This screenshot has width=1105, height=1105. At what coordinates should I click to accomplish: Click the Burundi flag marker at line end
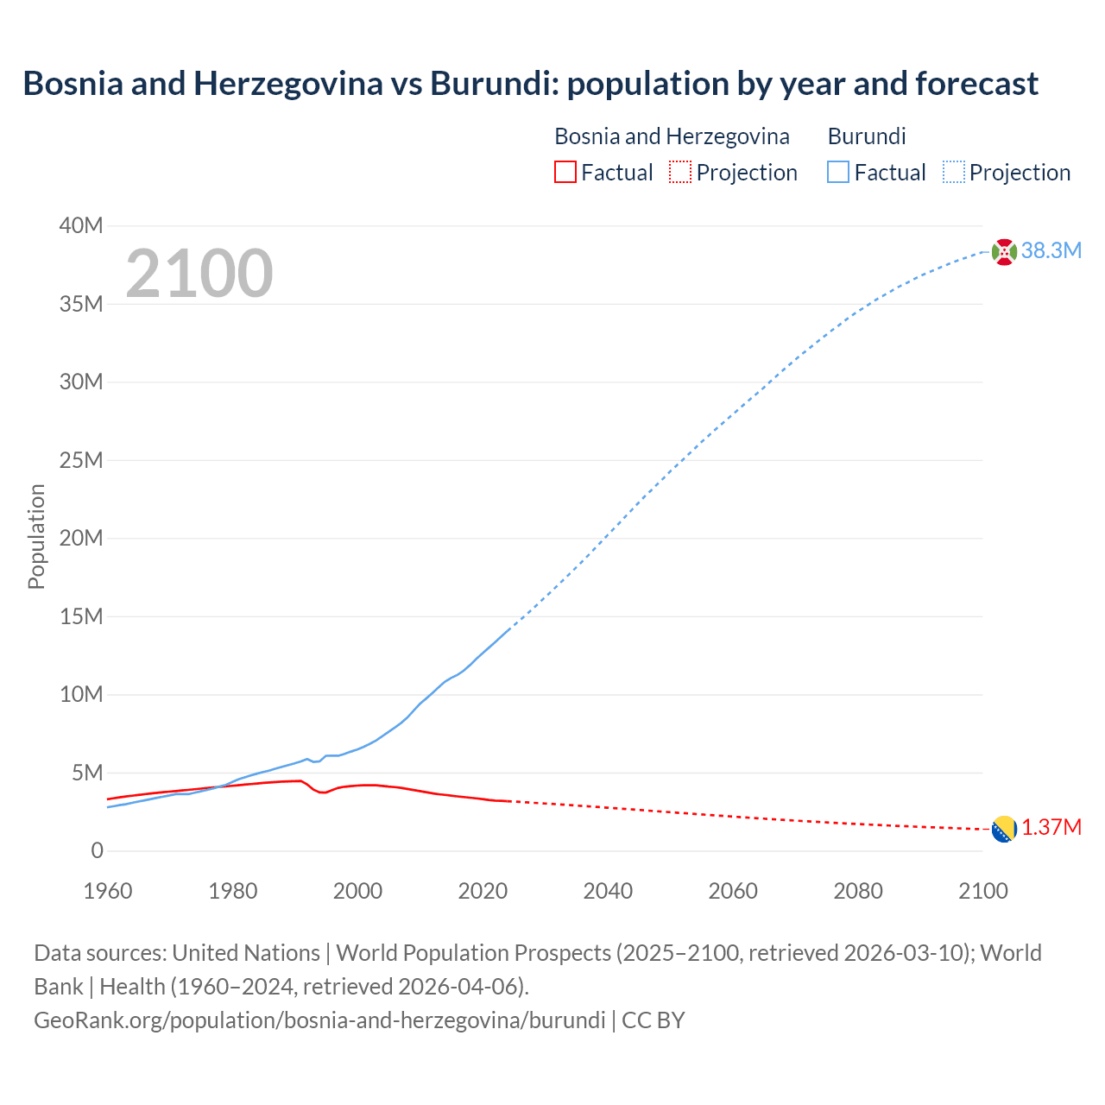[1004, 251]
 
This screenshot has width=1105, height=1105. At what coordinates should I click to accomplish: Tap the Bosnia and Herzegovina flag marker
[1004, 829]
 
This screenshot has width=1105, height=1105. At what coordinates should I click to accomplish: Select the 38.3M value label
[1051, 251]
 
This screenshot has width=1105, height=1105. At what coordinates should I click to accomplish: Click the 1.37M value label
[1051, 828]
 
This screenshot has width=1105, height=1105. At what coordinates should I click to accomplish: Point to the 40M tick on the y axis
[81, 226]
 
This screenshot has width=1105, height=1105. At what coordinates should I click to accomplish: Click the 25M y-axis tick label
[81, 461]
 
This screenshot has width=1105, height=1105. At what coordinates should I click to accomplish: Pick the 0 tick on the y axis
[97, 851]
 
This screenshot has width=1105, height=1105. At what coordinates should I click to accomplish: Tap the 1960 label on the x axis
[108, 891]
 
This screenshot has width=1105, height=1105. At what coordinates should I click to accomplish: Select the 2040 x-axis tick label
[608, 891]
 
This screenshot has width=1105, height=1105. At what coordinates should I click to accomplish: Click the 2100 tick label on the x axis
[982, 891]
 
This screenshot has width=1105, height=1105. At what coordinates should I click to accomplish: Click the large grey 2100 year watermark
[199, 274]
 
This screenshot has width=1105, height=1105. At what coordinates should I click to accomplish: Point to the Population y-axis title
[36, 537]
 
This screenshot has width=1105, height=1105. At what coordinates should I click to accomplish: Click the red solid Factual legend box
[565, 173]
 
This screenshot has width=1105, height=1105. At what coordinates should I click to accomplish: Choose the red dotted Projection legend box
[680, 173]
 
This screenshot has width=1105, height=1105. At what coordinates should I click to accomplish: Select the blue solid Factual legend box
[838, 173]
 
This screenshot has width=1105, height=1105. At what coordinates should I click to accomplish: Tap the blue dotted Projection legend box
[954, 173]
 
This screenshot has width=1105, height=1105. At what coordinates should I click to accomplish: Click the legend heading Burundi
[867, 136]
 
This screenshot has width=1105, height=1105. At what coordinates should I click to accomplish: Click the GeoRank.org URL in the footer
[319, 1020]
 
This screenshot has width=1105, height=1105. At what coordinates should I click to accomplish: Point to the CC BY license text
[654, 1020]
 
